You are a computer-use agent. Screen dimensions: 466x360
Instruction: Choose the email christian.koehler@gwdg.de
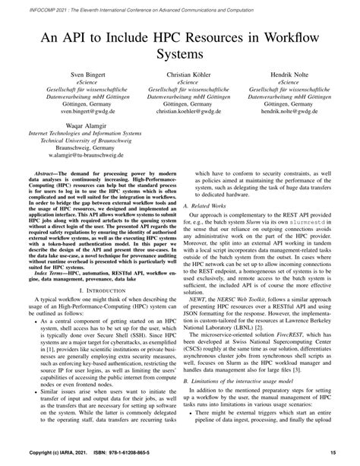tap(180, 111)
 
